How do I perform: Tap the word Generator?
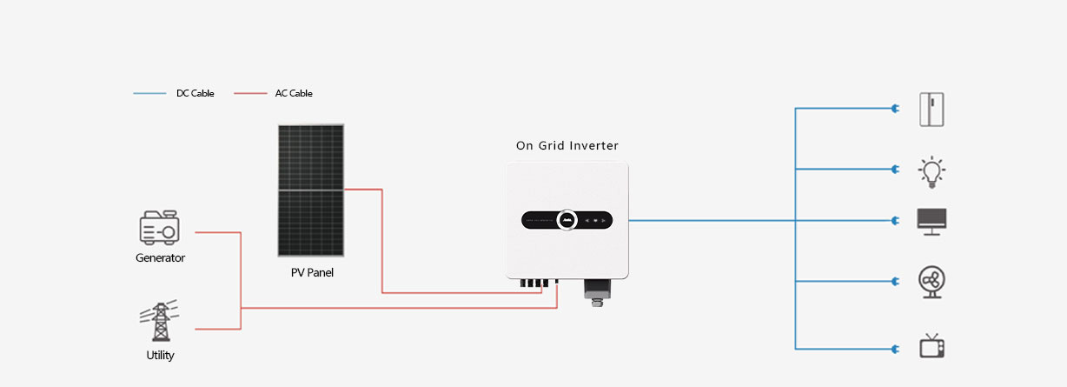tap(160, 257)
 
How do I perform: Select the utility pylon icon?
tap(160, 320)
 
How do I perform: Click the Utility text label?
tap(160, 355)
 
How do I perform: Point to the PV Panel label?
tap(312, 272)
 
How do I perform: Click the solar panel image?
tap(310, 190)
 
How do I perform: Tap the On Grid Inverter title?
tap(567, 145)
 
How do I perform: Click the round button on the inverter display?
tap(567, 220)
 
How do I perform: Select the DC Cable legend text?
tap(196, 93)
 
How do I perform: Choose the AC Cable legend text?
tap(294, 93)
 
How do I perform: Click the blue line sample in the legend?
tap(149, 93)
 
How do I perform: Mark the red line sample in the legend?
tap(250, 93)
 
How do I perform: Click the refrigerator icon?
tap(931, 110)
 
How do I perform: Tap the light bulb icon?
tap(931, 171)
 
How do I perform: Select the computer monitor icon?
tap(931, 222)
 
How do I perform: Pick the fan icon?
tap(931, 282)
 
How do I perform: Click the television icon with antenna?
tap(931, 346)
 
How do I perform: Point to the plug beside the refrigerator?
tap(896, 109)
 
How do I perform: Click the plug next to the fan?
tap(896, 282)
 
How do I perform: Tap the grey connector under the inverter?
tap(597, 292)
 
